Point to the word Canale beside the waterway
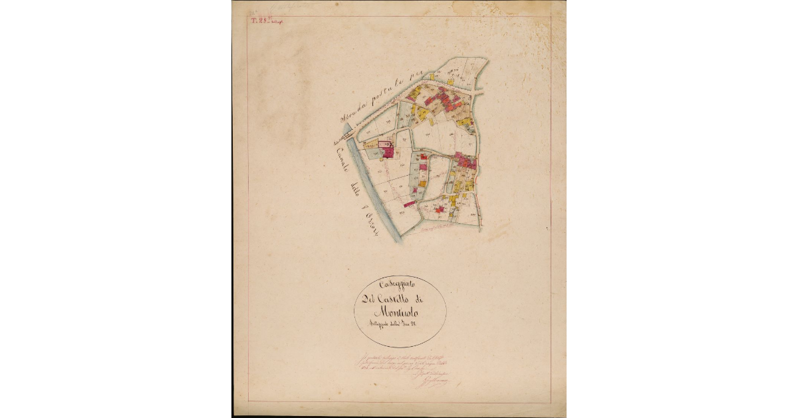(344, 159)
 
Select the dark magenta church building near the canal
(387, 151)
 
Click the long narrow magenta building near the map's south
(409, 203)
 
